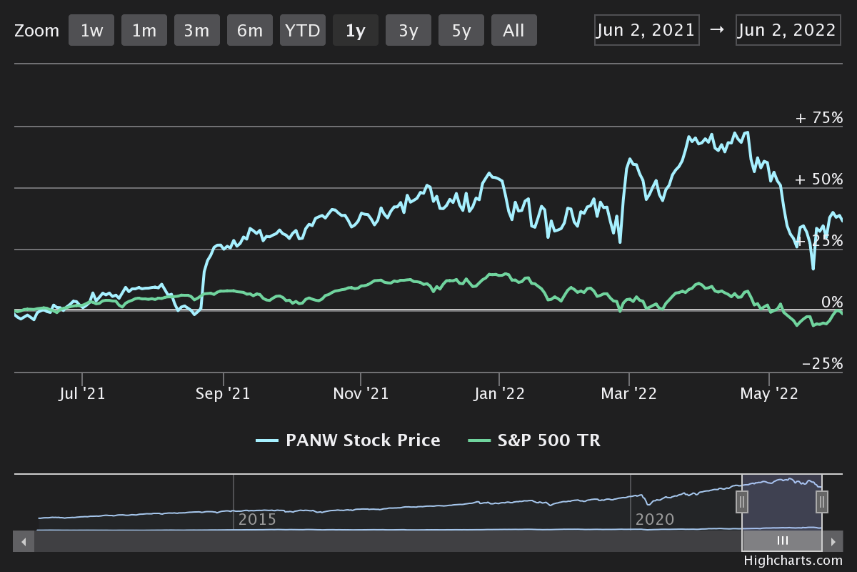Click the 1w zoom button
tap(91, 31)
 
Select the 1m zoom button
tap(144, 31)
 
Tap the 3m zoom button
tap(197, 31)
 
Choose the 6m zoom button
tap(250, 31)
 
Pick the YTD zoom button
tap(303, 31)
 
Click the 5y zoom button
tap(461, 31)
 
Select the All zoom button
tap(513, 31)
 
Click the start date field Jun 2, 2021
tap(646, 30)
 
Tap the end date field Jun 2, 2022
tap(788, 30)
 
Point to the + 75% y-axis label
tap(819, 118)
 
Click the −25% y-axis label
tap(822, 364)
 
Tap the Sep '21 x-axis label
tap(223, 394)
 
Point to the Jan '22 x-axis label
tap(499, 394)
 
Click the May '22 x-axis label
tap(769, 394)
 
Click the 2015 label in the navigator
tap(257, 519)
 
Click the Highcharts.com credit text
tap(793, 561)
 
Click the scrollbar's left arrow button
tap(24, 541)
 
